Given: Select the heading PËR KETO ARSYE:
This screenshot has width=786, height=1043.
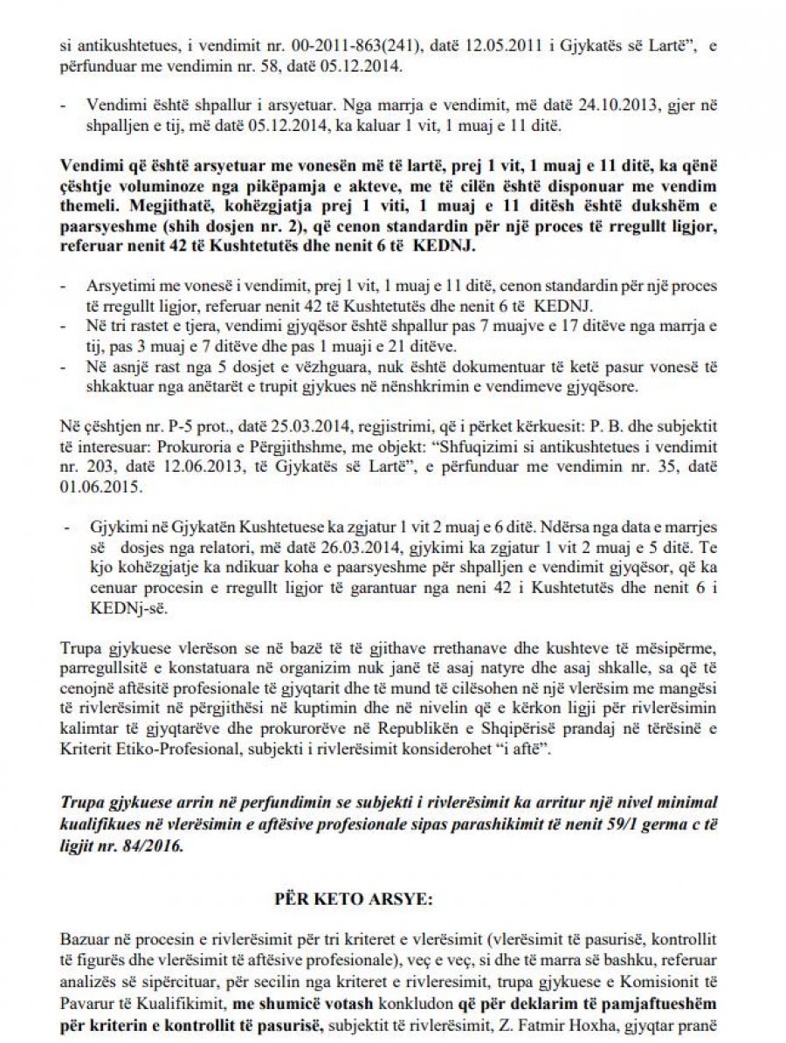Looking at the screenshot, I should tap(390, 897).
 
